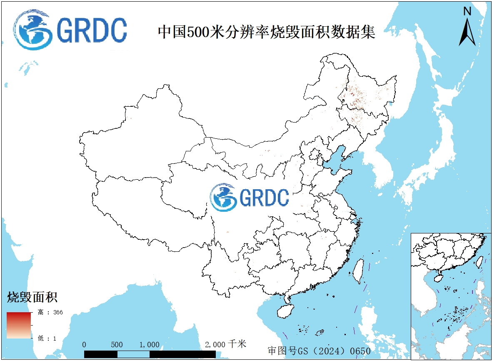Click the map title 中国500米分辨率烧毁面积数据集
[267, 32]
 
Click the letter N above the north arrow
[467, 12]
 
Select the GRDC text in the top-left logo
[92, 30]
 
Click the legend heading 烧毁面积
[32, 297]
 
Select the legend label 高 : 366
[50, 312]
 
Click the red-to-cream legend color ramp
[19, 325]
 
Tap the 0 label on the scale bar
[85, 345]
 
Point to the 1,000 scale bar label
[149, 345]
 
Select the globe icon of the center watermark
[224, 197]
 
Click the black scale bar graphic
[150, 354]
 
